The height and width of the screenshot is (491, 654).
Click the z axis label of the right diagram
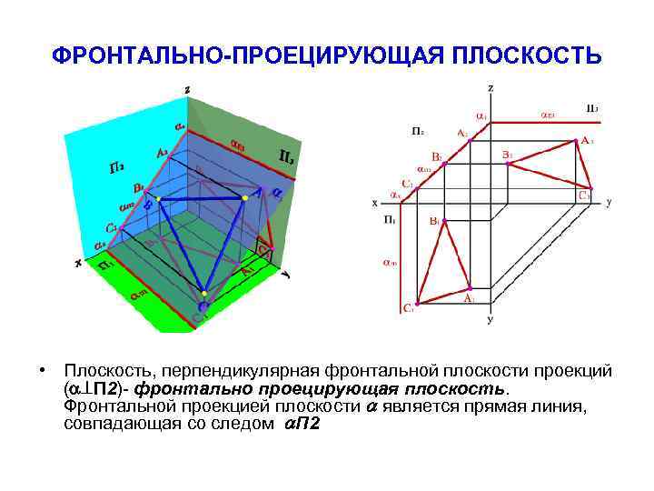(490, 88)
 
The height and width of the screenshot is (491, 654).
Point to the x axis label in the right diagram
(374, 203)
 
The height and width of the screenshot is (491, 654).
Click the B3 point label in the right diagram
(508, 155)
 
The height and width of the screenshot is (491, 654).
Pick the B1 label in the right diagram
(435, 221)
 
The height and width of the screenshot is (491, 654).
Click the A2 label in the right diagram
(461, 134)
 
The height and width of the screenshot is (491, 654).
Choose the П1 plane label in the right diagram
(389, 219)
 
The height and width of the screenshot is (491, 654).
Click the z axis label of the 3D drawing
(186, 88)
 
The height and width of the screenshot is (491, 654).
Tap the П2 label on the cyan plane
(117, 168)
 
